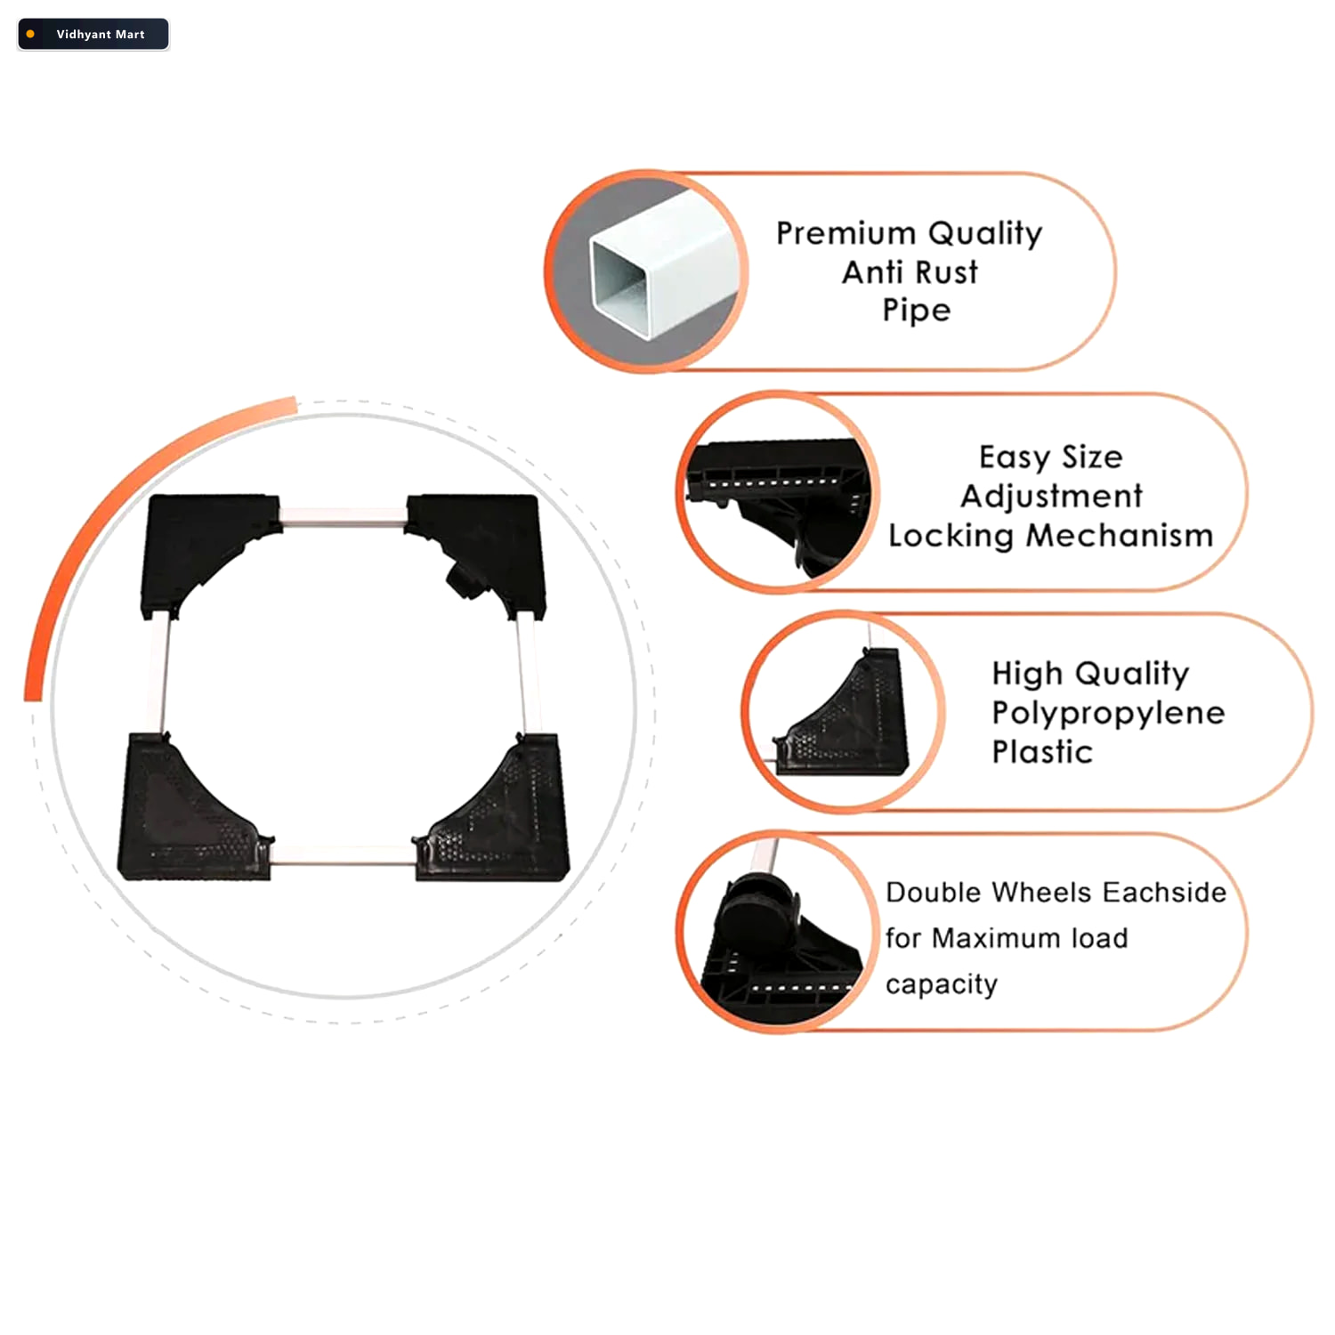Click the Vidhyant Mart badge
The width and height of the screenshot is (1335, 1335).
coord(93,34)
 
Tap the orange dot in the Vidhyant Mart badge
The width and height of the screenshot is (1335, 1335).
coord(31,34)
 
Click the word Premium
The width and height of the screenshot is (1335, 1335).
coord(846,233)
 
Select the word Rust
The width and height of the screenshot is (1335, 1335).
coord(945,272)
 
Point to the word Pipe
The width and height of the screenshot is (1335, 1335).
coord(917,311)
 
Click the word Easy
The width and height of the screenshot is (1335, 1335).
coord(1014,457)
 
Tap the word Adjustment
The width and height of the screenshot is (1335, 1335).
coord(1051,497)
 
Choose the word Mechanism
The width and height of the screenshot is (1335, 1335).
coord(1120,536)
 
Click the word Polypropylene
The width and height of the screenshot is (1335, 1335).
coord(1108,714)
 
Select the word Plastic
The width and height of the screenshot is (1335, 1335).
coord(1042,752)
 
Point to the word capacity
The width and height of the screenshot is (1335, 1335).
coord(942,985)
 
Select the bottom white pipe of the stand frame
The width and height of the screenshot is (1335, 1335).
coord(343,855)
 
